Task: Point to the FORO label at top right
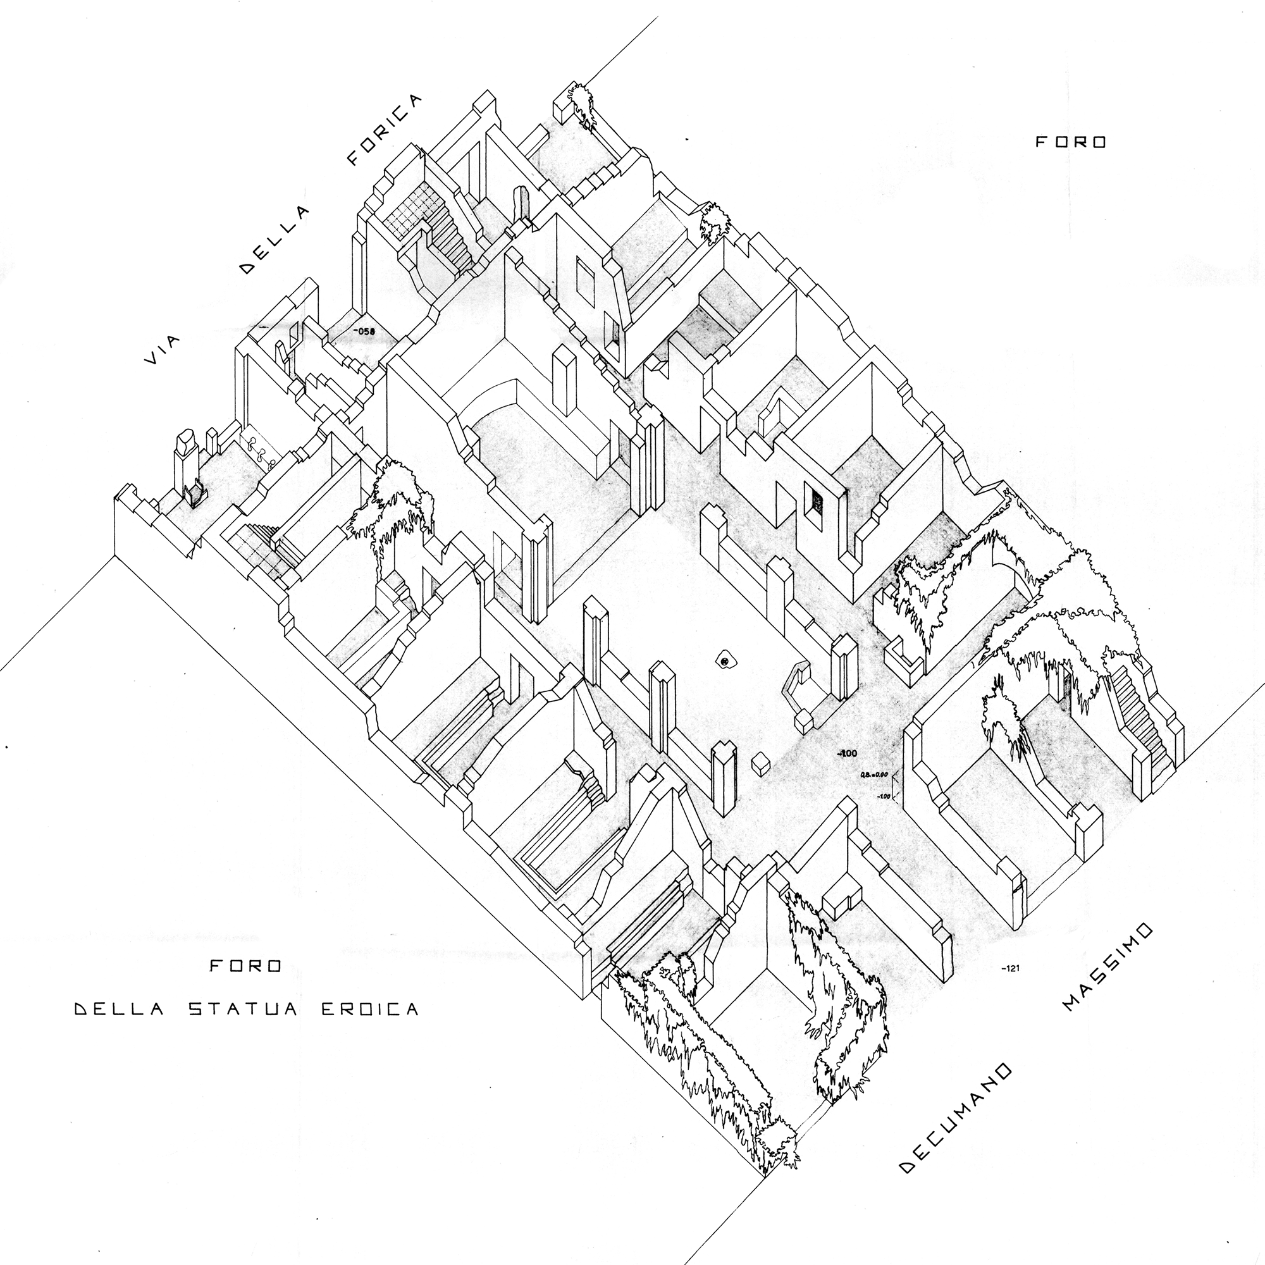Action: click(1070, 142)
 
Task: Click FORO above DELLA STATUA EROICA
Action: click(245, 966)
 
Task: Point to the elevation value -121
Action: click(1011, 968)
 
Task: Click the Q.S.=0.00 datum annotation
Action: click(873, 775)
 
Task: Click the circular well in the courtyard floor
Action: click(724, 663)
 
